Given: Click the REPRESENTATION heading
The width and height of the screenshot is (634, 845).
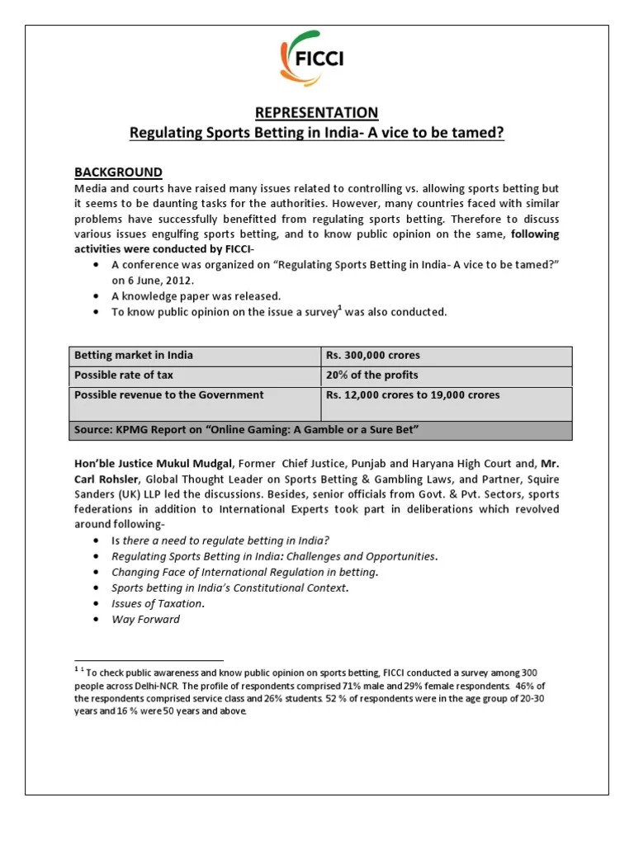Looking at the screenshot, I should point(316,112).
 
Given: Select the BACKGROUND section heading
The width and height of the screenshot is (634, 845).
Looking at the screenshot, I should point(118,172).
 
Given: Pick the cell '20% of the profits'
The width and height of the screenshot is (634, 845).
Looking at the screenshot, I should point(371,375).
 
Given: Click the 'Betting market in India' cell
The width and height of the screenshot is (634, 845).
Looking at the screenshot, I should point(134,356).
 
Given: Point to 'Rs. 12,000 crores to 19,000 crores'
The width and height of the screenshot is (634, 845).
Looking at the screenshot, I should point(413,395).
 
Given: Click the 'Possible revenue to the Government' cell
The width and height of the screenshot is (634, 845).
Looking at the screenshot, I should point(169,395).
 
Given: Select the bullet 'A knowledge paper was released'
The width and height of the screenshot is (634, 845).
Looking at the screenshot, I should point(196,295).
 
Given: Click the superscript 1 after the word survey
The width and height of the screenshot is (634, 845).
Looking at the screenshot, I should point(339,308).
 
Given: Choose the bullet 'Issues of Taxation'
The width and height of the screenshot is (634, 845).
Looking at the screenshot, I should point(158,603).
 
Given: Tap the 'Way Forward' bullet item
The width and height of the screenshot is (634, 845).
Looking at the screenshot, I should point(145,619).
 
